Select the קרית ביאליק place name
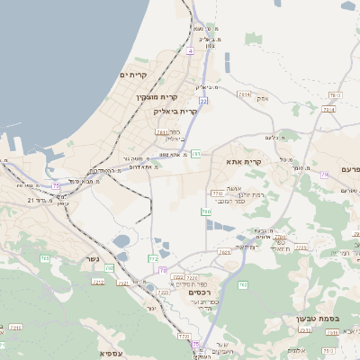pyautogui.click(x=176, y=111)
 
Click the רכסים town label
pyautogui.click(x=200, y=292)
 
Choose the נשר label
pyautogui.click(x=91, y=259)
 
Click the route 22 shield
pyautogui.click(x=204, y=101)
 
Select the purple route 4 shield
pyautogui.click(x=191, y=51)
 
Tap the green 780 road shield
pyautogui.click(x=206, y=211)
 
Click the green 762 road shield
pyautogui.click(x=242, y=284)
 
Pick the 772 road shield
pyautogui.click(x=154, y=258)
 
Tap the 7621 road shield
pyautogui.click(x=224, y=253)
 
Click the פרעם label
pyautogui.click(x=350, y=169)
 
